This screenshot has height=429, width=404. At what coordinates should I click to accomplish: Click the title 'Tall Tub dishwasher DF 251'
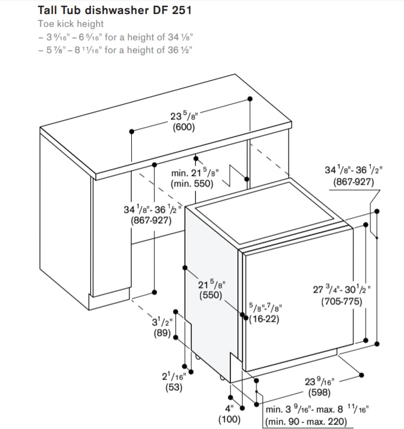coord(115,10)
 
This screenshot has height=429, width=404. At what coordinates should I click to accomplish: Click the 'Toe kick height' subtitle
coord(71,24)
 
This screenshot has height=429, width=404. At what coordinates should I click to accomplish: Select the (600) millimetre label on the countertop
coord(184,127)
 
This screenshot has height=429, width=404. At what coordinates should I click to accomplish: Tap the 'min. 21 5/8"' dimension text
coord(195,173)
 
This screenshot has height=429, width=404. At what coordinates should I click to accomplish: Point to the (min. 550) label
coord(192,184)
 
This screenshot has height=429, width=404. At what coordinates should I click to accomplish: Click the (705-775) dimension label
coord(342,301)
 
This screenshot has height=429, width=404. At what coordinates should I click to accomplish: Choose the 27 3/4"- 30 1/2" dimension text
coord(342,290)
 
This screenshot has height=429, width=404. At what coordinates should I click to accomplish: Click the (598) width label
coord(319,393)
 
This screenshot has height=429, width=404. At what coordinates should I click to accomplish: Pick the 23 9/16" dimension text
coord(319,381)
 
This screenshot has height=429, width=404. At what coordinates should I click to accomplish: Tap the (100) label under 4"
coord(229,420)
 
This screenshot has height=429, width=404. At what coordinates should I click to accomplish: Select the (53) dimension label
coord(174,388)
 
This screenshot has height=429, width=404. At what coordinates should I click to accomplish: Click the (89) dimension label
coord(162,333)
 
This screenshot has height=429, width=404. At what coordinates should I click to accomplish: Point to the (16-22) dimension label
coord(264,319)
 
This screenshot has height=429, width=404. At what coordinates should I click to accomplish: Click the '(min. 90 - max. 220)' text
coord(305,421)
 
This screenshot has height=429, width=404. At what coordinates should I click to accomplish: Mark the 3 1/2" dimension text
coord(162,322)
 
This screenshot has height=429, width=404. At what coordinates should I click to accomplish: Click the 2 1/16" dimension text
coord(174,376)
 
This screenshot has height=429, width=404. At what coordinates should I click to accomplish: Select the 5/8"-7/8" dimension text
coord(265,308)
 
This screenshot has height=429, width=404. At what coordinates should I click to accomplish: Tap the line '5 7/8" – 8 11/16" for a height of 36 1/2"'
coord(115,50)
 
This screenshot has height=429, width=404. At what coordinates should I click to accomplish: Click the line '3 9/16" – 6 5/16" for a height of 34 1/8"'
coord(115,37)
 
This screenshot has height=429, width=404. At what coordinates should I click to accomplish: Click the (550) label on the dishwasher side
coord(211,295)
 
